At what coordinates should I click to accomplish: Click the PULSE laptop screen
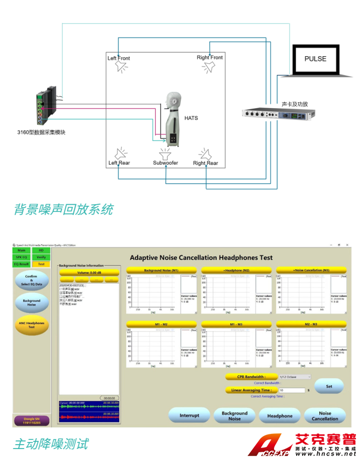pos(316,59)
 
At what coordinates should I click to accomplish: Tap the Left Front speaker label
pos(119,58)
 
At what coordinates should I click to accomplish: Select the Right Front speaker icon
pos(209,67)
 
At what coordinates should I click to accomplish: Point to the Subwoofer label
pos(165,163)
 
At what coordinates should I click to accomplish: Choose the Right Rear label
pos(206,163)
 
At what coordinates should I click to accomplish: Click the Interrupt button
pos(189,416)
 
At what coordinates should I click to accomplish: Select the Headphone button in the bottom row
pos(279,416)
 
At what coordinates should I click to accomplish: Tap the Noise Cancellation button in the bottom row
pos(325,416)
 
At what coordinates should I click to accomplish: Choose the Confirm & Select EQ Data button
pos(31,280)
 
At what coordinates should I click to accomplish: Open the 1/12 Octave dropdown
pos(295,377)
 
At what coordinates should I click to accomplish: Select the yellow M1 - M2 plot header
pos(161,324)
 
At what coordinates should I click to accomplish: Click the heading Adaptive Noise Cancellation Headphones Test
pos(201,258)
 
